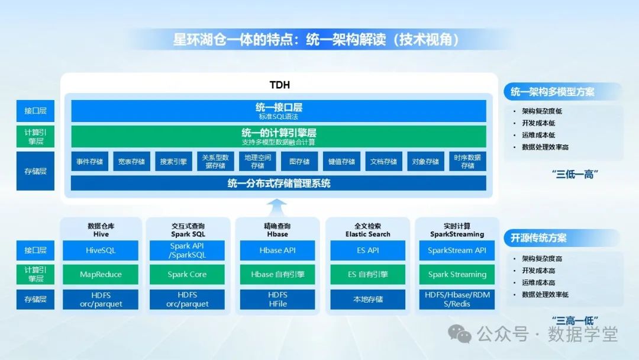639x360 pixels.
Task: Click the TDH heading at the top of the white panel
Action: [279, 85]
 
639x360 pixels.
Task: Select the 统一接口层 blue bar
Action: [279, 111]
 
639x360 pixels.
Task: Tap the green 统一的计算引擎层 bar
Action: [279, 136]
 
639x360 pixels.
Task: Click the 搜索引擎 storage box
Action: [173, 162]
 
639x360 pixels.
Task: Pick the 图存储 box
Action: [299, 162]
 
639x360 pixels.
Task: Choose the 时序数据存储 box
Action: [467, 162]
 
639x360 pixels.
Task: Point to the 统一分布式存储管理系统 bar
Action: [279, 183]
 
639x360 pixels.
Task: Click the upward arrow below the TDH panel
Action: [277, 207]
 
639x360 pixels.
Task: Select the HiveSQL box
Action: [101, 250]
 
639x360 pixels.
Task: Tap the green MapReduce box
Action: [101, 274]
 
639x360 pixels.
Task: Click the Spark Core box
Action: [187, 274]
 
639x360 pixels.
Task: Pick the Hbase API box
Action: [277, 250]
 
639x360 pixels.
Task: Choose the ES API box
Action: [367, 250]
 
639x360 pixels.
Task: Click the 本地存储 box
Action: [367, 299]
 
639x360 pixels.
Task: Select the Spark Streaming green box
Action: [457, 274]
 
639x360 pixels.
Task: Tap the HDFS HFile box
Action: [277, 299]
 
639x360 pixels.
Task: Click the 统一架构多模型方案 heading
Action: [552, 92]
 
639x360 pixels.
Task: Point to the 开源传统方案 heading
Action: [538, 238]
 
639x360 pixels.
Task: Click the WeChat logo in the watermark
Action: [460, 334]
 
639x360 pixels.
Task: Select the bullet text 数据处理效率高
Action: [546, 147]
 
